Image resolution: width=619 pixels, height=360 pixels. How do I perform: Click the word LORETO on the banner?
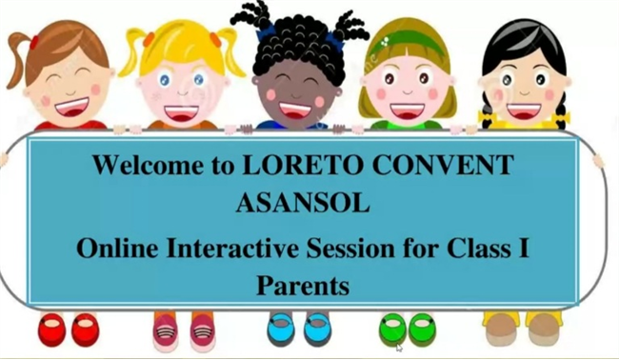(x=301, y=165)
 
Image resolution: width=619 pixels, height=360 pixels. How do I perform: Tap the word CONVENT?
(x=443, y=165)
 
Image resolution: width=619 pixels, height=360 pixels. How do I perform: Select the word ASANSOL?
(x=303, y=203)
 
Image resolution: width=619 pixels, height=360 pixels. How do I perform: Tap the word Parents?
(x=303, y=285)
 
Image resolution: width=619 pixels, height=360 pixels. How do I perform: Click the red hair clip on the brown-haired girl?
(x=34, y=42)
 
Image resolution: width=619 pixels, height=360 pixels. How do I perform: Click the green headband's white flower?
(x=384, y=41)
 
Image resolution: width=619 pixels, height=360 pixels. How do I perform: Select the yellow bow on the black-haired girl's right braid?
(x=561, y=117)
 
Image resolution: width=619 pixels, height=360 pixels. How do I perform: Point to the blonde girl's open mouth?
(x=183, y=113)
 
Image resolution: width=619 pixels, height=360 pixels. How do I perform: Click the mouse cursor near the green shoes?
(x=400, y=348)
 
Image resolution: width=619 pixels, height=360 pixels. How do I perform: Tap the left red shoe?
(x=51, y=330)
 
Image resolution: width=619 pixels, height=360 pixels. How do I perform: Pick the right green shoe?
(x=422, y=330)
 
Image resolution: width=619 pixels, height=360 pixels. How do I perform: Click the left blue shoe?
(x=281, y=330)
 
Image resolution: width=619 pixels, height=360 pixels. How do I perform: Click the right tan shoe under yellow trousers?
(x=543, y=330)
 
